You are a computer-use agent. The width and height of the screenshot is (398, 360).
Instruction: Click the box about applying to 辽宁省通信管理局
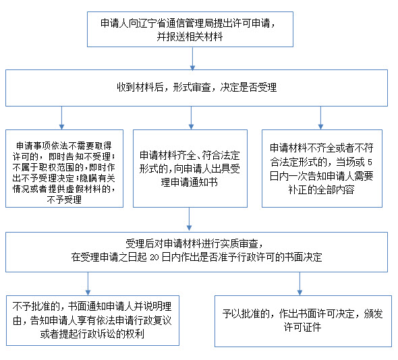pyautogui.click(x=190, y=29)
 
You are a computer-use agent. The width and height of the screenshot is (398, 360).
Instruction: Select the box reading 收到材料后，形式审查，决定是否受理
pyautogui.click(x=196, y=88)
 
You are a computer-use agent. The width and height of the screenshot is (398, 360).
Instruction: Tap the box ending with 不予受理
pyautogui.click(x=65, y=169)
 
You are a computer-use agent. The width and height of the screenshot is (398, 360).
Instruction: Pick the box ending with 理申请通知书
pyautogui.click(x=190, y=169)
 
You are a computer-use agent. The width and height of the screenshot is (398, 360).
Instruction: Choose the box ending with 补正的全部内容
pyautogui.click(x=322, y=169)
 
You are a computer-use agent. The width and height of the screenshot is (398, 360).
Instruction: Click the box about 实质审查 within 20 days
pyautogui.click(x=196, y=252)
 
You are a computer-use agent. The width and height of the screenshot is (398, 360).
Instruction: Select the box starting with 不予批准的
pyautogui.click(x=92, y=320)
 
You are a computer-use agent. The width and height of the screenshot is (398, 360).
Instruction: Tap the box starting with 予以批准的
pyautogui.click(x=303, y=321)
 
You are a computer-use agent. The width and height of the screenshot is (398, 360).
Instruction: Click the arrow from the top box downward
pyautogui.click(x=192, y=59)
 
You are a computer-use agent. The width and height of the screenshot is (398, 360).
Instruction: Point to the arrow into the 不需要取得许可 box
pyautogui.click(x=61, y=118)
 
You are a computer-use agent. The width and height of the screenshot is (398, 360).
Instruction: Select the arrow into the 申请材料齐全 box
pyautogui.click(x=191, y=118)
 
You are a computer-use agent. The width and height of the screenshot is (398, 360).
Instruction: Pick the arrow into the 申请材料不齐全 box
pyautogui.click(x=320, y=118)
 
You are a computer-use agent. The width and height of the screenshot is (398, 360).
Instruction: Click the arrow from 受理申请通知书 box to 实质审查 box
pyautogui.click(x=189, y=219)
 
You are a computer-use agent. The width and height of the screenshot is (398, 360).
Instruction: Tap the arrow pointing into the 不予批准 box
pyautogui.click(x=88, y=284)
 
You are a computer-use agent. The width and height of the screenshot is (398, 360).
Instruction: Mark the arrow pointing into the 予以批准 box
pyautogui.click(x=300, y=284)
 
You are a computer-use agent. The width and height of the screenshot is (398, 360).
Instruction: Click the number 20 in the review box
pyautogui.click(x=154, y=258)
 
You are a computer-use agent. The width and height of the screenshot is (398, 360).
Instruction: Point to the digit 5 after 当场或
pyautogui.click(x=370, y=162)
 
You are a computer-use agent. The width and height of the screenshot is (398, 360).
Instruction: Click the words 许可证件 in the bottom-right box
pyautogui.click(x=303, y=327)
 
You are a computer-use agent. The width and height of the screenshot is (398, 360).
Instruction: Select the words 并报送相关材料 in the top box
pyautogui.click(x=190, y=37)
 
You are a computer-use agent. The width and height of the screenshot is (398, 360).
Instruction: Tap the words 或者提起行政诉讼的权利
pyautogui.click(x=92, y=334)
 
